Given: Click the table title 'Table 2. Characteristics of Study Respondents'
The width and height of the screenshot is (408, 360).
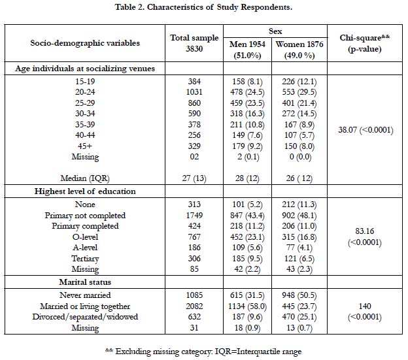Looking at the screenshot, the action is pos(203,7).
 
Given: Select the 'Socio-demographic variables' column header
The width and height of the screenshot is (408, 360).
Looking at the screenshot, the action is pos(85,43).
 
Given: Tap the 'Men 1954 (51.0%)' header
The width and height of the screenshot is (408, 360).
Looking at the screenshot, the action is pos(247,50).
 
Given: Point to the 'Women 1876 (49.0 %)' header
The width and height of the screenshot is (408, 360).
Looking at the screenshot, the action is pos(299,50).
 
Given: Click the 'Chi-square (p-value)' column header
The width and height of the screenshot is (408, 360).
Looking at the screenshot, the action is pos(365,43).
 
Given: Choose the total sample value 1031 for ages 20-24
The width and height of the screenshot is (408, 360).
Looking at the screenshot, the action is pos(194,92).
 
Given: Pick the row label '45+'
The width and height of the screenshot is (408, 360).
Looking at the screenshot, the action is pos(85,146).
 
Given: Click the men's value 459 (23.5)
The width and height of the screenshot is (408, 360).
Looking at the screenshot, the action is pos(247,103).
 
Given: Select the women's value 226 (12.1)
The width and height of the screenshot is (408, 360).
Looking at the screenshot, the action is pos(299,82).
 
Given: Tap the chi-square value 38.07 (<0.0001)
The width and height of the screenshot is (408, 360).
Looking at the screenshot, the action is pos(365,130).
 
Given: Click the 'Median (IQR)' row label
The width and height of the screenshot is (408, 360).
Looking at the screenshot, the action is pos(85,178).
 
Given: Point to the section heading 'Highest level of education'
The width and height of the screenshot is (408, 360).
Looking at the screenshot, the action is pos(85,191).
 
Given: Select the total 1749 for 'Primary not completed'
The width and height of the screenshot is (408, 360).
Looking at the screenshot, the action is pos(194,216).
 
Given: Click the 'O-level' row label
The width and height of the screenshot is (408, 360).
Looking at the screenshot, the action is pos(85,237).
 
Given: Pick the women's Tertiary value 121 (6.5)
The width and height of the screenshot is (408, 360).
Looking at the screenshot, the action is pos(299,259).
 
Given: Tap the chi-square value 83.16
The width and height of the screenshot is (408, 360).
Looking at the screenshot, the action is pos(365,231).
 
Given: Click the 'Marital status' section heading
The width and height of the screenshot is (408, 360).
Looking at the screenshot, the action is pos(85,282).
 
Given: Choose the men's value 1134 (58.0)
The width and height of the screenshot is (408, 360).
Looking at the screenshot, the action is pos(247,306).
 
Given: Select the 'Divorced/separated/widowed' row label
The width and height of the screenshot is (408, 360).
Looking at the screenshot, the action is pos(85,317).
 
